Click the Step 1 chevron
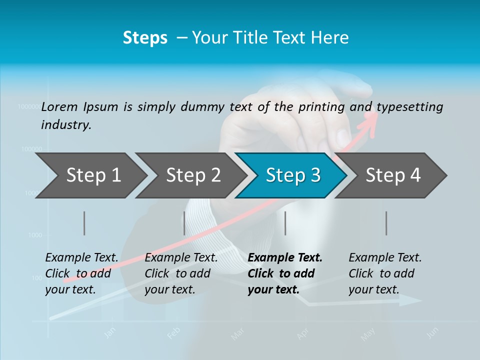pyautogui.click(x=93, y=175)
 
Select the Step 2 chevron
pyautogui.click(x=193, y=175)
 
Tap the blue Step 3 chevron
pyautogui.click(x=292, y=175)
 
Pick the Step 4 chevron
pyautogui.click(x=393, y=175)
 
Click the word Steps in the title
pyautogui.click(x=145, y=37)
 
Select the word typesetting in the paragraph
pyautogui.click(x=409, y=107)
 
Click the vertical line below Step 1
pyautogui.click(x=84, y=223)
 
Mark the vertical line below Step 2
pyautogui.click(x=184, y=223)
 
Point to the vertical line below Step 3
pyautogui.click(x=285, y=223)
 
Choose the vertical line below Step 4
pyautogui.click(x=386, y=223)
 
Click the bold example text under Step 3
pyautogui.click(x=285, y=273)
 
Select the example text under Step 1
pyautogui.click(x=81, y=273)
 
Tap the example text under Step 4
pyautogui.click(x=384, y=273)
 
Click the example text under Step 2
pyautogui.click(x=181, y=273)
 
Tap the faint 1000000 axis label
pyautogui.click(x=29, y=106)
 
